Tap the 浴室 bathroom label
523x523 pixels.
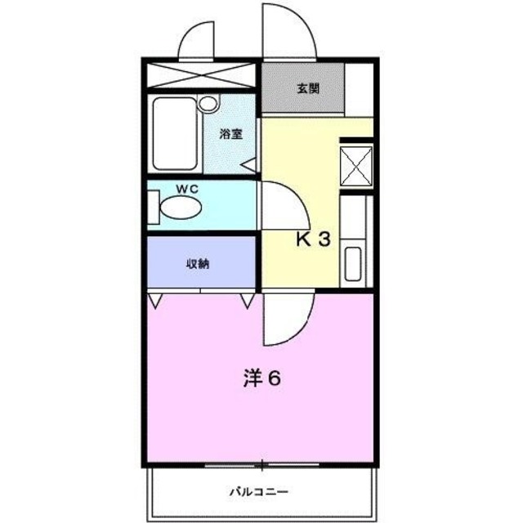pos(230,136)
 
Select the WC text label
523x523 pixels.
pos(189,190)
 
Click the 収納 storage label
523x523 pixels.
pos(197,263)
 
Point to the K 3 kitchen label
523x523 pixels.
pos(312,239)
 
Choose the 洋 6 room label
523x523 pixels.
pos(261,379)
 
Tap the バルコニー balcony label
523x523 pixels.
pos(257,492)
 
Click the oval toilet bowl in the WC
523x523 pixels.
pos(179,209)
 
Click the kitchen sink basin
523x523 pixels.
pos(354,263)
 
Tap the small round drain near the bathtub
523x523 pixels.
pos(209,104)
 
